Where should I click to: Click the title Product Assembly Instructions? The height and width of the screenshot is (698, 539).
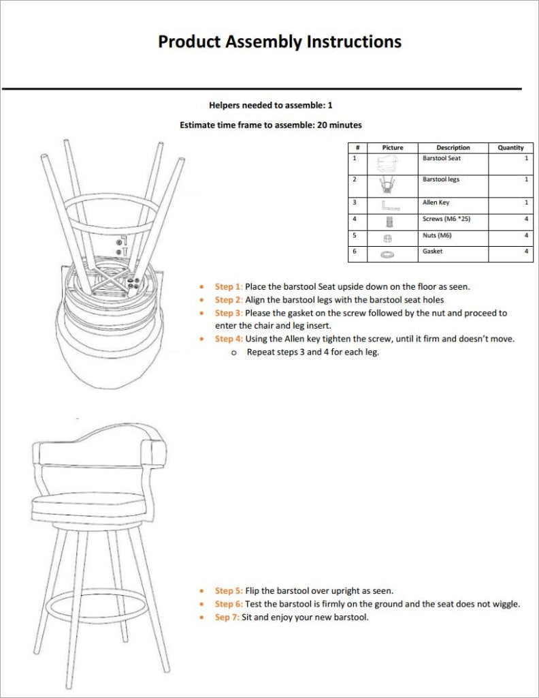point(279,42)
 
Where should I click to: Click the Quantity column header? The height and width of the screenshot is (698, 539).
point(510,147)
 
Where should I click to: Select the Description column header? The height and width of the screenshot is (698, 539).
point(453,147)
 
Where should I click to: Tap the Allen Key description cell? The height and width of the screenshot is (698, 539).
point(436,202)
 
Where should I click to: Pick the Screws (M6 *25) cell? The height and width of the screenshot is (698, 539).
point(446,219)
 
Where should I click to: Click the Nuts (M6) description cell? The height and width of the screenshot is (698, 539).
point(437,235)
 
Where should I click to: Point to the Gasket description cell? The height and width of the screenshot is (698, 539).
point(432,252)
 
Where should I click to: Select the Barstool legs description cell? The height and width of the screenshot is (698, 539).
point(441,179)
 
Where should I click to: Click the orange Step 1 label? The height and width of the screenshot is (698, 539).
point(228,287)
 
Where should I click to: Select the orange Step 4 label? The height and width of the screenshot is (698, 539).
point(228,339)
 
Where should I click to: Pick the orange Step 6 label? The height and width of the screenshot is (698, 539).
point(228,604)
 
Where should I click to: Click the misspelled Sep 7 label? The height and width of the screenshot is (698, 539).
point(227,617)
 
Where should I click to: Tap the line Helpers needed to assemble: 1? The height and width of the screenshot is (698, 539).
point(270,106)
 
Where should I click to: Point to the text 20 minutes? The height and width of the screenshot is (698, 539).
point(340,125)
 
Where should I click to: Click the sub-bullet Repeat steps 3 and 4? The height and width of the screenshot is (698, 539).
point(312,352)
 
